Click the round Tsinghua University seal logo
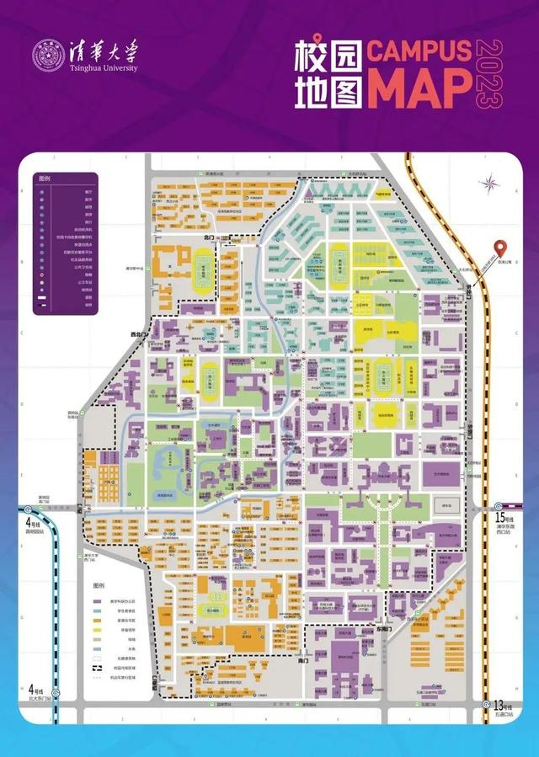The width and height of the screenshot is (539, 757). click(x=48, y=56)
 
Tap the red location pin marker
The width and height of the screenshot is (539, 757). click(x=502, y=249)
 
